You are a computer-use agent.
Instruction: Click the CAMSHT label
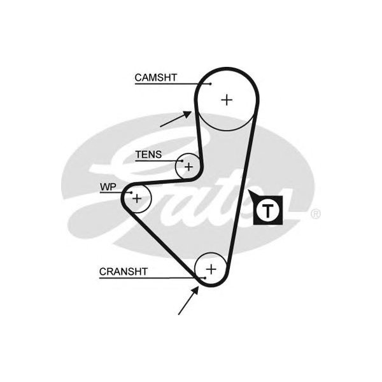[x=155, y=78]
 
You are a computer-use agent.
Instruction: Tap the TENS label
[x=148, y=155]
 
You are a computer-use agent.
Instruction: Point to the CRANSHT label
[x=123, y=272]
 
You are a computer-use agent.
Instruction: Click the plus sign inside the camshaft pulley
[x=227, y=99]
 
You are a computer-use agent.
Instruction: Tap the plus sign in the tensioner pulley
[x=188, y=166]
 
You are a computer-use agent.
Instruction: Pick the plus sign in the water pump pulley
[x=136, y=199]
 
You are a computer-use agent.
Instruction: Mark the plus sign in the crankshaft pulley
[x=211, y=268]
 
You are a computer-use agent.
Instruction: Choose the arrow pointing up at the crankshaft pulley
[x=188, y=300]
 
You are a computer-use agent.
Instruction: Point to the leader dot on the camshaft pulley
[x=210, y=83]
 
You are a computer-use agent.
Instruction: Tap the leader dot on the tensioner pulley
[x=182, y=161]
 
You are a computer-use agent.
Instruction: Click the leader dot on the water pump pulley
[x=131, y=192]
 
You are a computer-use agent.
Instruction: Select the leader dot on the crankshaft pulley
[x=205, y=278]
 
